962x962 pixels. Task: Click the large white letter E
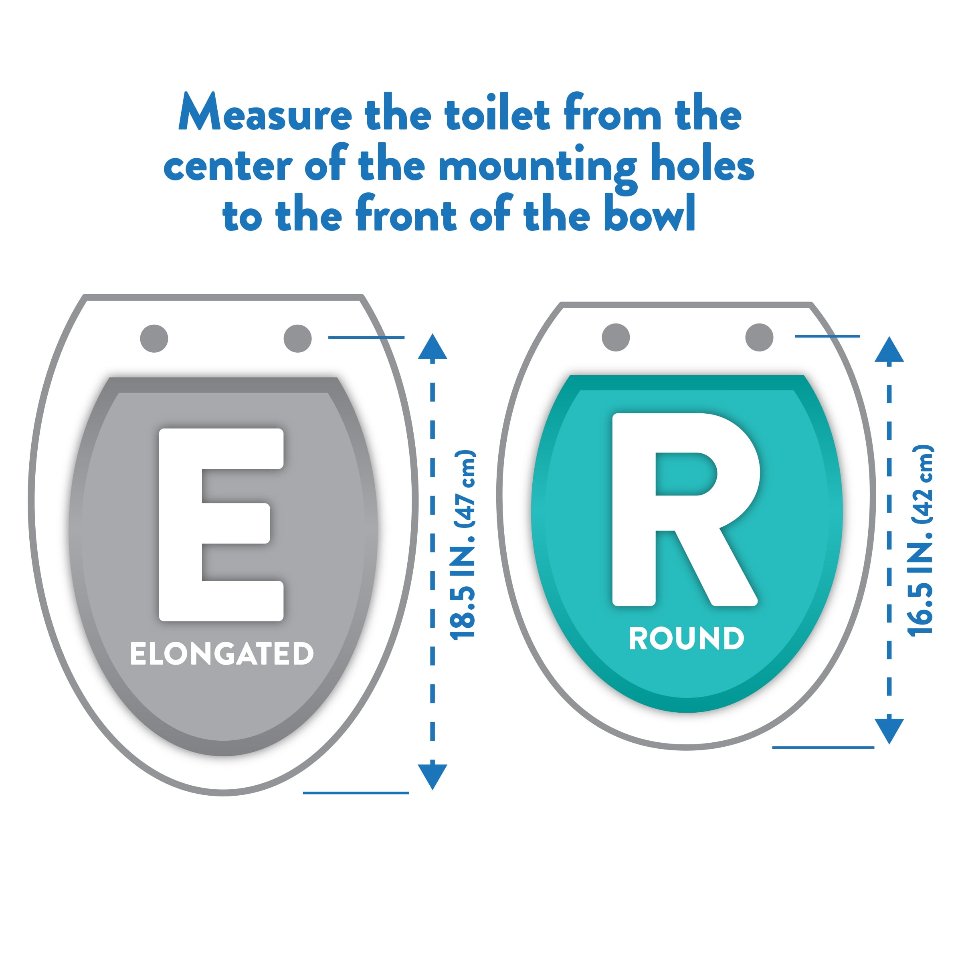(221, 525)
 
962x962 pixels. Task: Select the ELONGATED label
(222, 653)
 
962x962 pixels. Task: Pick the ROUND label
(687, 639)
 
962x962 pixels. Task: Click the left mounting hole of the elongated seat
(154, 339)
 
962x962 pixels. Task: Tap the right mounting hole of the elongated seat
(298, 339)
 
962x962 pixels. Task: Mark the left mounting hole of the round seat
(616, 337)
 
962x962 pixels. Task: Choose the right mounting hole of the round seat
(759, 337)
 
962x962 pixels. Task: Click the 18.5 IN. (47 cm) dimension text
(463, 544)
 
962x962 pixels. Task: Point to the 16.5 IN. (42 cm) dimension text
(920, 540)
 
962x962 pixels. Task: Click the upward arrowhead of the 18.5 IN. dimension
(433, 347)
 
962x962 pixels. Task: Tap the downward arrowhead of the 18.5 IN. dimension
(433, 777)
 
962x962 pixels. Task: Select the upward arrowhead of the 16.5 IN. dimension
(889, 349)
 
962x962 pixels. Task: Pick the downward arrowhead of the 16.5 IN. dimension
(889, 732)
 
